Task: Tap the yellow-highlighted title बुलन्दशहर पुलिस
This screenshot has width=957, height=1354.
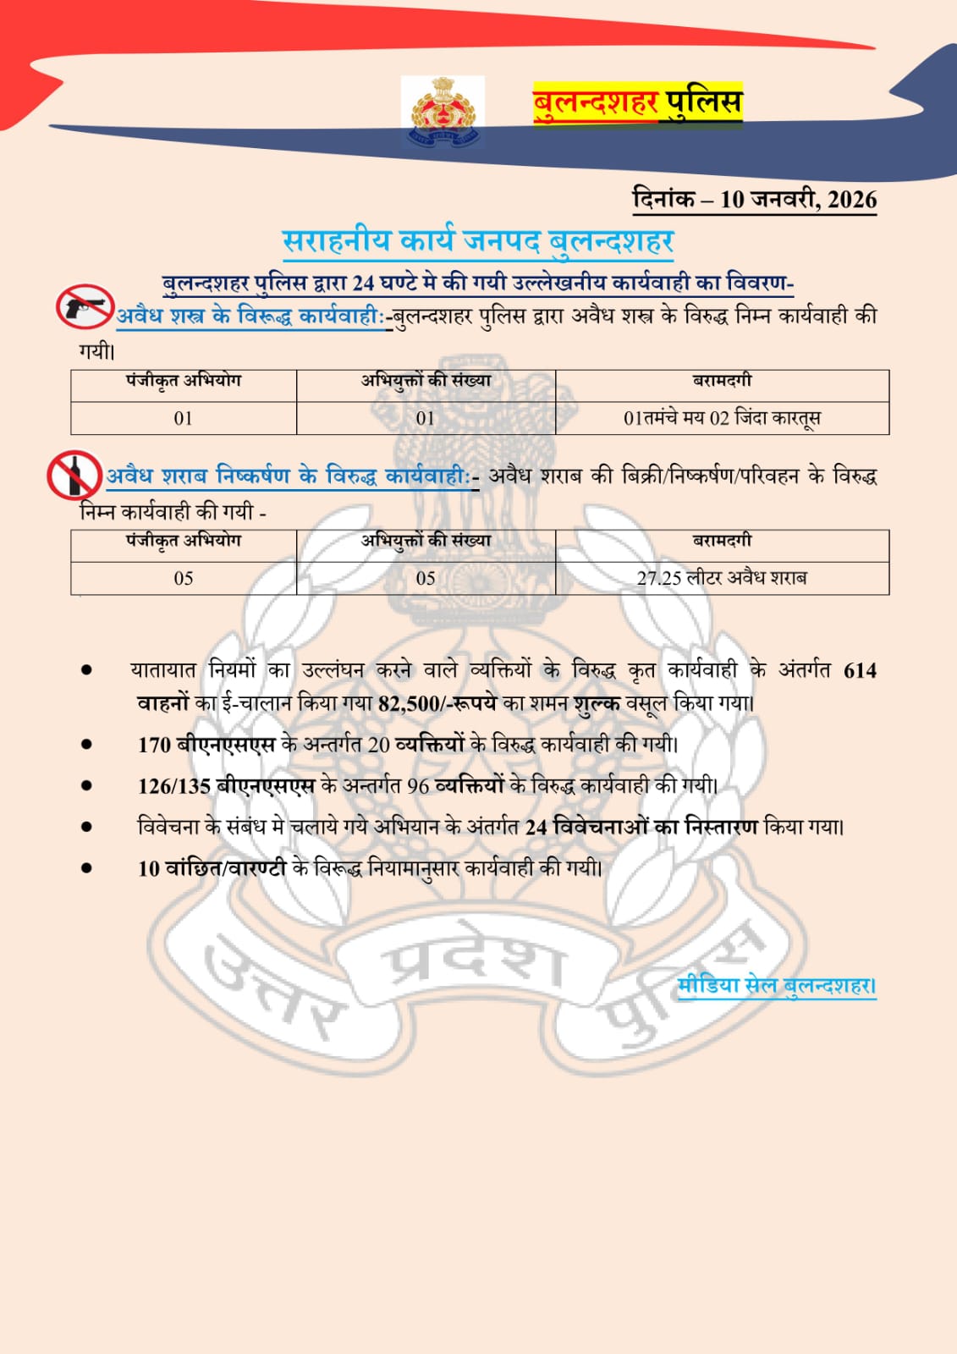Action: [637, 103]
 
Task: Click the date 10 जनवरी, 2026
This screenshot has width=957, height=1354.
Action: [798, 200]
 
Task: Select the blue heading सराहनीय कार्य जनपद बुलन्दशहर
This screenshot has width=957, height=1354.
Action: [478, 242]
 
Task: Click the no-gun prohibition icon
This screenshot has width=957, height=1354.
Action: [85, 306]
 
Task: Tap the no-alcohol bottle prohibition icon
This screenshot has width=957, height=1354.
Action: [74, 475]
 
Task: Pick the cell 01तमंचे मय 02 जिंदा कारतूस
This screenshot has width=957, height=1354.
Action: [722, 418]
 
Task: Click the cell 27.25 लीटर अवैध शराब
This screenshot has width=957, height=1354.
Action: [722, 578]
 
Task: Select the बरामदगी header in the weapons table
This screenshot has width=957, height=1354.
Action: [722, 381]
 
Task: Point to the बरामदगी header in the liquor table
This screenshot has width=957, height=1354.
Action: [722, 541]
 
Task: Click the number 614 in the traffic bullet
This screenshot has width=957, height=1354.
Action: [860, 670]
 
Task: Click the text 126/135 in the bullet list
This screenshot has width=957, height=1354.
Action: [173, 785]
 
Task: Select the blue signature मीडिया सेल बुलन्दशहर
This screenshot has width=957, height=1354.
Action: [777, 986]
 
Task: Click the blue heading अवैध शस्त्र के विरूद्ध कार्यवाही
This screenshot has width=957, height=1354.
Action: [250, 316]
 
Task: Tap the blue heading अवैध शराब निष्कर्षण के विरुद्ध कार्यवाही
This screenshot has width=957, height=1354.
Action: [288, 476]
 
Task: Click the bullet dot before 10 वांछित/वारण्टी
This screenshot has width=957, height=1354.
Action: [86, 867]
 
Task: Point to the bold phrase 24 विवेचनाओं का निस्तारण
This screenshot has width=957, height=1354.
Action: [641, 827]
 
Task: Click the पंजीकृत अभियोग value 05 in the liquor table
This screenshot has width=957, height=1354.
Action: [184, 578]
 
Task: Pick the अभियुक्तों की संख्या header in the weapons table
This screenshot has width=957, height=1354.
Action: [426, 381]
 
